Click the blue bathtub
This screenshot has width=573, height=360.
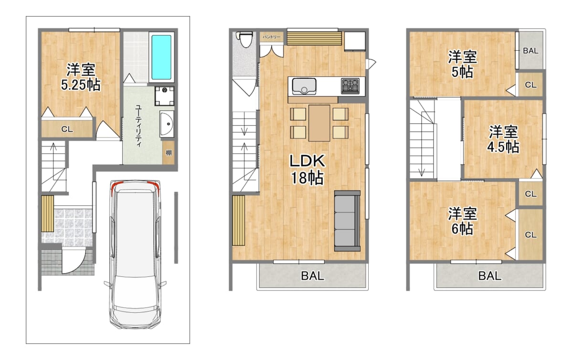pos(161,57)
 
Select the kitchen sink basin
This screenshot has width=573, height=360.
pos(304,86)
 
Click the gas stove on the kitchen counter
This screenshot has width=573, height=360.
pos(350,86)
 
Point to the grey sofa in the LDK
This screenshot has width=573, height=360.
pos(347,221)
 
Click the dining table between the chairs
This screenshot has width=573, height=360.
pos(319,123)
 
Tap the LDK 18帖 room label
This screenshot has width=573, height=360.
pos(307,169)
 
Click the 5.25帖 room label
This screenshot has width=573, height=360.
pos(81,77)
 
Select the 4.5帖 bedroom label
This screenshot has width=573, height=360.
pos(503,139)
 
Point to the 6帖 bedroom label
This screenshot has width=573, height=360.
pos(463,221)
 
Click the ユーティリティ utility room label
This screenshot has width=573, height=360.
pos(138,126)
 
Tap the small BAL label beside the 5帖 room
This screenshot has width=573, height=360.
pos(531,51)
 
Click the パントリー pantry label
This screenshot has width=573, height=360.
pos(272,37)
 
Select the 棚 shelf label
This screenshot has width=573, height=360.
pos(169,153)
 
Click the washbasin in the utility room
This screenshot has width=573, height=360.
pos(167,124)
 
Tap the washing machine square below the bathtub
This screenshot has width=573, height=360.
pos(164,96)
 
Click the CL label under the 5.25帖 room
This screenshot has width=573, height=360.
pos(67,129)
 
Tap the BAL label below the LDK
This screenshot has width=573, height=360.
pos(312,276)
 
